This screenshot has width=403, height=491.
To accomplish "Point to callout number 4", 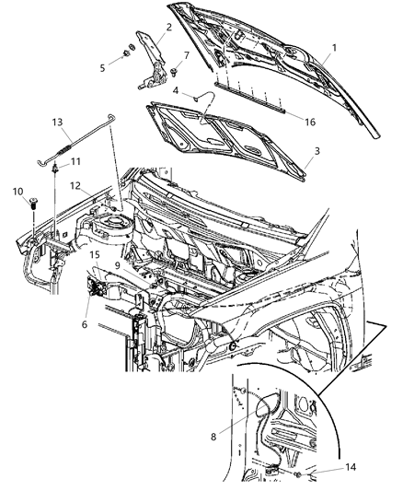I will point(176,89).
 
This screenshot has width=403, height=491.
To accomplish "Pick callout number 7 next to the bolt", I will point(189,56).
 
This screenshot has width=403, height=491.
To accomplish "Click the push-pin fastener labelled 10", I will point(34,201).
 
